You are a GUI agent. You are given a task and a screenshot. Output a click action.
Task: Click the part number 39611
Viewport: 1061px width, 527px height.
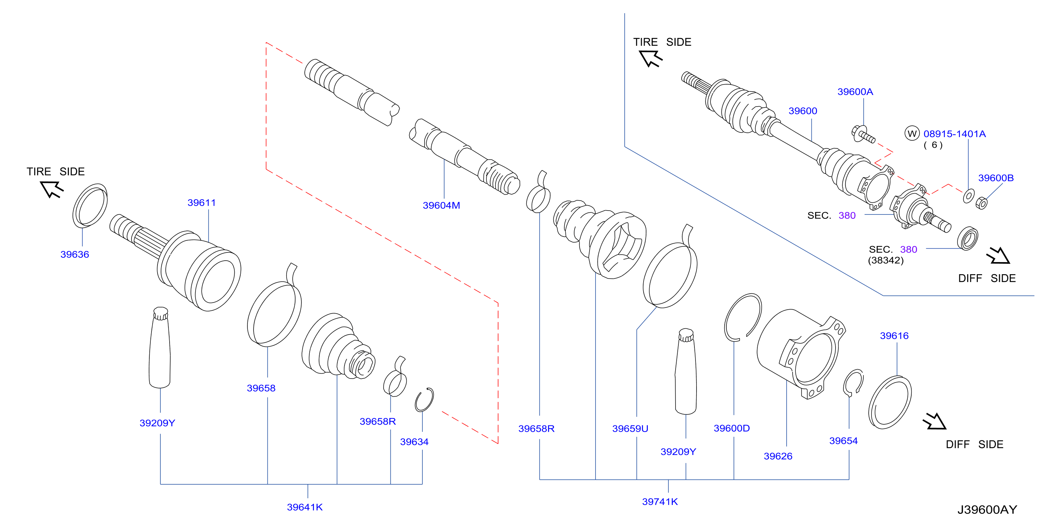coord(201,202)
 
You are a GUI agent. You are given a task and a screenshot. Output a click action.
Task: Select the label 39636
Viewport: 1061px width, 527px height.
coord(75,254)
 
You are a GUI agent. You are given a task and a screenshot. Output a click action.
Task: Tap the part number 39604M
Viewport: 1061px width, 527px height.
coord(441,205)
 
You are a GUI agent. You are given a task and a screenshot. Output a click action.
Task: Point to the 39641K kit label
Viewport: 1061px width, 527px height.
coord(305,507)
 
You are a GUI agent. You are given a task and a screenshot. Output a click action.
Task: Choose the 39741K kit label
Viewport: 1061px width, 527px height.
coord(660,501)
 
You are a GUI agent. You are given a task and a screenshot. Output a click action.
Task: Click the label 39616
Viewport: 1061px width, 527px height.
coord(894,336)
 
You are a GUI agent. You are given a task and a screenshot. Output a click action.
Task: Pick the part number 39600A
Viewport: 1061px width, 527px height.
coord(855,92)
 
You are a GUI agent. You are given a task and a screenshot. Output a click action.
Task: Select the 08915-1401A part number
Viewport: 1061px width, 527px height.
coord(954,134)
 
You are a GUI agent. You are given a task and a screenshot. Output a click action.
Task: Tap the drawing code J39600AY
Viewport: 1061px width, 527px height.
coord(987,510)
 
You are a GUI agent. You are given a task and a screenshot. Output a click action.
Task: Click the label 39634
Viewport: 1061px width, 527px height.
coord(414,442)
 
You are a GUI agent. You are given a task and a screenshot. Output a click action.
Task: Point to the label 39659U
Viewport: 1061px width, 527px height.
coord(630,429)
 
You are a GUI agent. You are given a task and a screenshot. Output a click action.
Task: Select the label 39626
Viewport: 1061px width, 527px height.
coord(778,456)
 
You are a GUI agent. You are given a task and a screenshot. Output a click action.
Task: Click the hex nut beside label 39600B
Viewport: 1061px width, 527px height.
coord(981,203)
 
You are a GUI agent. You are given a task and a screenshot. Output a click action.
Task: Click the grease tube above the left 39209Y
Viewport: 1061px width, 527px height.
coord(160,348)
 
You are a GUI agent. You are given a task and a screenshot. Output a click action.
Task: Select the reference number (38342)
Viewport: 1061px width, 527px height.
coord(886,260)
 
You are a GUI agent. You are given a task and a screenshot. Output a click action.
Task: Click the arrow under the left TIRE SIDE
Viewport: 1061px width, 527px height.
coord(52,190)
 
